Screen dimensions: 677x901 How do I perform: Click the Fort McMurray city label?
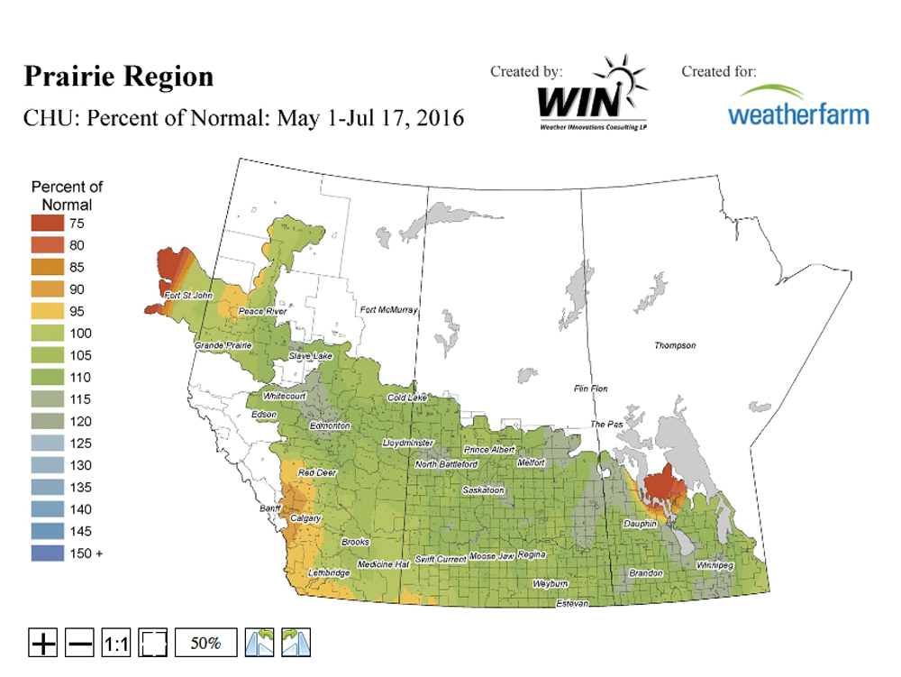[388, 310]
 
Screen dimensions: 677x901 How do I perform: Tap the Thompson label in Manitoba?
[675, 345]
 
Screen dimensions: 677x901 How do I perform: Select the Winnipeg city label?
[716, 564]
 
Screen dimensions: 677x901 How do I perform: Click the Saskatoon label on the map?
[482, 489]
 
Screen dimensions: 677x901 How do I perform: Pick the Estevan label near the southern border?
[571, 602]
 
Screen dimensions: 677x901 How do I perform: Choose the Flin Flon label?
[591, 389]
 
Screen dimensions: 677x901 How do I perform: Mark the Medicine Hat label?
[383, 563]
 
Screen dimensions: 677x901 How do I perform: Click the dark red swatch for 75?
[47, 223]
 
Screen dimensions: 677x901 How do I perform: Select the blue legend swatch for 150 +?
[47, 553]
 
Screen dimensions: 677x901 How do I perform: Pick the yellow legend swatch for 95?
[47, 311]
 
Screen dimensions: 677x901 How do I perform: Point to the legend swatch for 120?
[47, 421]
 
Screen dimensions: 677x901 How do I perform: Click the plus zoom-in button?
[43, 643]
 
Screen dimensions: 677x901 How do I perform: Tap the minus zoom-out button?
[80, 643]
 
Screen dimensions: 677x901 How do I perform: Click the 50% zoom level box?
[205, 643]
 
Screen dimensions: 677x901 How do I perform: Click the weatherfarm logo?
[798, 106]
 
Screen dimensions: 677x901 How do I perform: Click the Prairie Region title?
[118, 77]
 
